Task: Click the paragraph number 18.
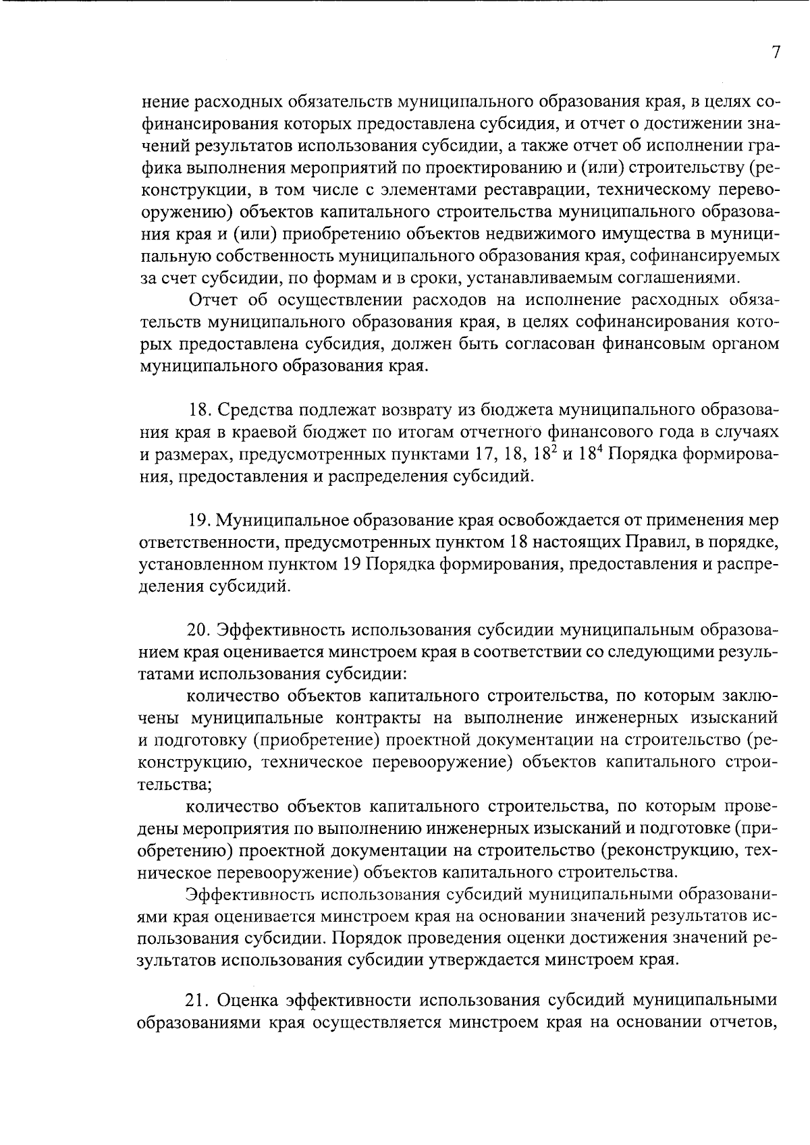pyautogui.click(x=199, y=410)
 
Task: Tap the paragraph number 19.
pyautogui.click(x=198, y=521)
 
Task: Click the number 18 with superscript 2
pyautogui.click(x=542, y=454)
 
